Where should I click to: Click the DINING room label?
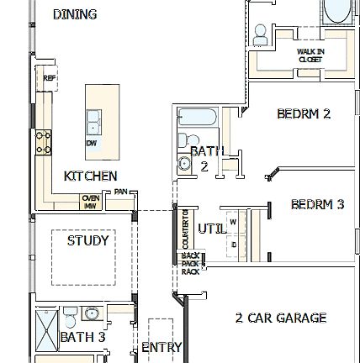pos(76,14)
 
